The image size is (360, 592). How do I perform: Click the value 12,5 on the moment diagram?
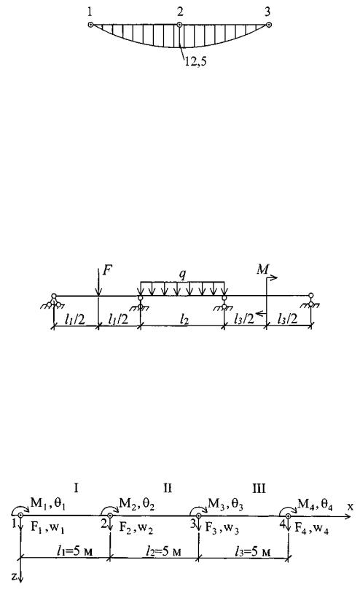[195, 62]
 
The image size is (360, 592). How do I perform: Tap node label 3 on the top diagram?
[267, 12]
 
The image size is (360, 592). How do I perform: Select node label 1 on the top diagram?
[90, 12]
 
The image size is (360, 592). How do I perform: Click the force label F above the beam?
[108, 270]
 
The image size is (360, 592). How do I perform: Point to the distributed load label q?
[182, 275]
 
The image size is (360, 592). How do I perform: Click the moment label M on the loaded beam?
[263, 269]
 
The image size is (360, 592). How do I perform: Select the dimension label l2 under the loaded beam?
[184, 320]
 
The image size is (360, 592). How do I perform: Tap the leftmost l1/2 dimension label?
[75, 320]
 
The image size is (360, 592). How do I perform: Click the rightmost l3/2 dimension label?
[287, 320]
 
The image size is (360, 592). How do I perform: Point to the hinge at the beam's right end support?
[310, 296]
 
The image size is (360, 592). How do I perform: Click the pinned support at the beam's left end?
[54, 301]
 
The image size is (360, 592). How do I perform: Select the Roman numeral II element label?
[168, 488]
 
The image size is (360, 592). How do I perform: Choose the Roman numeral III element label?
[259, 488]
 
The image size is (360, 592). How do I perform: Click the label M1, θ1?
[47, 504]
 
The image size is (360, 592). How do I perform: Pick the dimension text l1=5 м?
[75, 551]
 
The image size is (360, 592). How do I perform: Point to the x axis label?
[351, 507]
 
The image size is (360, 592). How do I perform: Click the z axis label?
[14, 575]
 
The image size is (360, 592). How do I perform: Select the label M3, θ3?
[225, 504]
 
